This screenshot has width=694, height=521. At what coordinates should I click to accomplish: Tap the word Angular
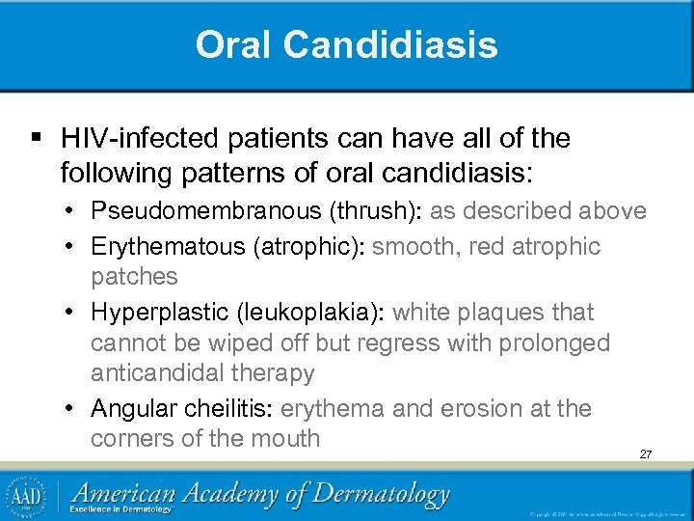[x=132, y=408]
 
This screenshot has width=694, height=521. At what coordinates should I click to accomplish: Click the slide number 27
[x=645, y=453]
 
